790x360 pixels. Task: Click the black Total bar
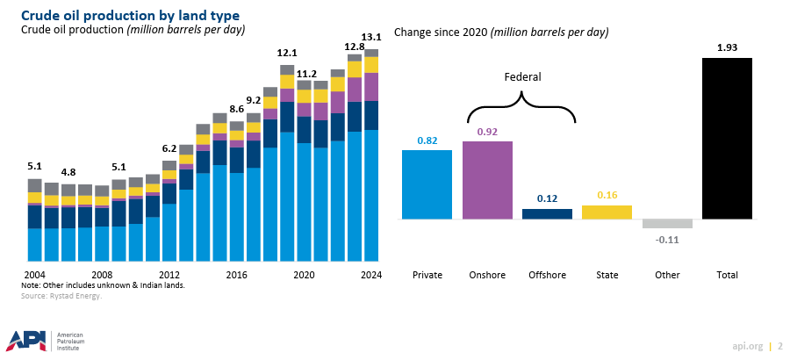tap(727, 139)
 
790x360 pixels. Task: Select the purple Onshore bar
tap(486, 180)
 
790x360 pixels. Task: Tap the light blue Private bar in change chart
tap(427, 184)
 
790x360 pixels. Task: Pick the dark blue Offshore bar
tap(547, 213)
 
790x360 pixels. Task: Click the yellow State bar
tap(607, 212)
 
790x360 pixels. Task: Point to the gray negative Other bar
tap(667, 224)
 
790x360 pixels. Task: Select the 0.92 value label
tap(486, 132)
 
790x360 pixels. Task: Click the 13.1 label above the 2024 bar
tap(371, 37)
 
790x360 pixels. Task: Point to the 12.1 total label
tap(287, 53)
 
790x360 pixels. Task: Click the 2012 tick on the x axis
tap(169, 275)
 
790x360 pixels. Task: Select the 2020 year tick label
tap(304, 275)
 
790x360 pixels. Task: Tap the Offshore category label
tap(547, 275)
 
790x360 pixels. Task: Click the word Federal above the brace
tap(521, 77)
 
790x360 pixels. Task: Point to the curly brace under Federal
tap(521, 110)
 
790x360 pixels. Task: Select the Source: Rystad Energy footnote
tap(61, 297)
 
